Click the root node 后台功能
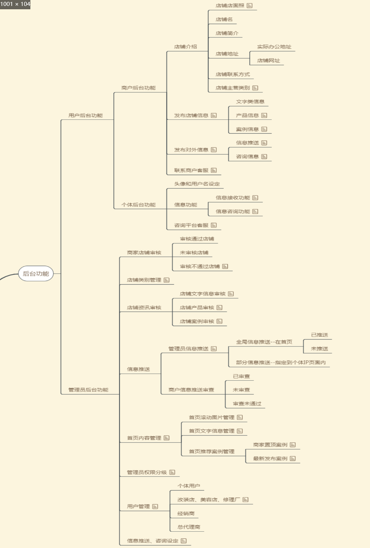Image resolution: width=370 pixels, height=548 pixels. click(x=36, y=274)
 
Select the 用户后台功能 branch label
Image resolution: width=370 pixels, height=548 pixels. click(x=86, y=115)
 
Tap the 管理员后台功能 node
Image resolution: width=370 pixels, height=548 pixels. click(x=88, y=390)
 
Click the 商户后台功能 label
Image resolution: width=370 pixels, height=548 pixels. click(x=139, y=88)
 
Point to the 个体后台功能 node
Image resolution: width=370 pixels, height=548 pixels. click(x=139, y=205)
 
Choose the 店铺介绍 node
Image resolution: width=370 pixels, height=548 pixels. click(x=186, y=47)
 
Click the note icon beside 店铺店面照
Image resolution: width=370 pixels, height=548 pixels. click(x=250, y=6)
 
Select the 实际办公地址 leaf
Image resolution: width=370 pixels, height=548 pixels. click(x=274, y=47)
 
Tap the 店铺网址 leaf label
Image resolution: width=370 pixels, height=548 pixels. click(x=269, y=60)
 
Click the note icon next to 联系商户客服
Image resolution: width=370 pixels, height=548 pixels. click(x=214, y=170)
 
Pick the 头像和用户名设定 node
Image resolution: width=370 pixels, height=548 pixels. click(x=197, y=184)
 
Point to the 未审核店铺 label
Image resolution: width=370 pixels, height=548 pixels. click(x=194, y=253)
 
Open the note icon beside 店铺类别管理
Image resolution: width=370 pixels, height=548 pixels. click(x=167, y=280)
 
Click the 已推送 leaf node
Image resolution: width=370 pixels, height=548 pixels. click(x=320, y=335)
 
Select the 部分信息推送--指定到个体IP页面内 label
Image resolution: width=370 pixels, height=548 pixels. click(x=281, y=362)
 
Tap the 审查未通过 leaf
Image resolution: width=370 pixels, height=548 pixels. click(x=247, y=404)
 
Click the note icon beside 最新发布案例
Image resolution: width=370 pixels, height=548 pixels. click(x=293, y=459)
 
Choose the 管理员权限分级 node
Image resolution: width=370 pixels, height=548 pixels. click(x=147, y=472)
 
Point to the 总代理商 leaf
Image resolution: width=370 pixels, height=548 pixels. click(x=189, y=527)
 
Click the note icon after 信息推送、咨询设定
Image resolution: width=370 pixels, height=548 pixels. click(x=184, y=541)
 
